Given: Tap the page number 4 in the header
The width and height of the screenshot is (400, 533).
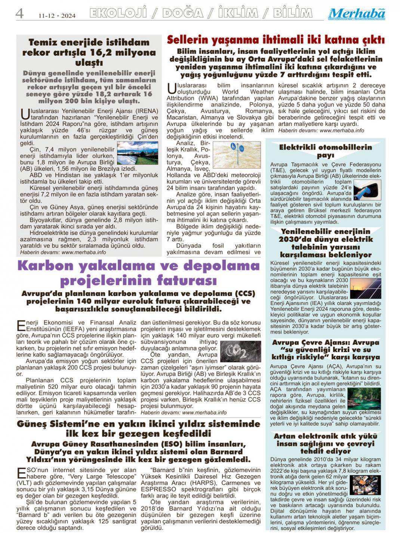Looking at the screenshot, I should [19, 14].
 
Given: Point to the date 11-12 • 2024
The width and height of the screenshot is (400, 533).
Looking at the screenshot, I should [57, 16].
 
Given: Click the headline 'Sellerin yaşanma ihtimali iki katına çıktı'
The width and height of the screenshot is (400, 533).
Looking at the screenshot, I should [276, 40].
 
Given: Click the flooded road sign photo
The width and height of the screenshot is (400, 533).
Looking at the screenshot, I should [237, 154].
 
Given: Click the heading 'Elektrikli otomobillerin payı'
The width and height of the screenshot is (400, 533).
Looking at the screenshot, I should [325, 151].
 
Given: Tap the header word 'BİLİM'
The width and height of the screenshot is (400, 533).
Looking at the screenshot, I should [292, 14].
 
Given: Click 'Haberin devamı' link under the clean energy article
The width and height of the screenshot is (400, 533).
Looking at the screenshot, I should [63, 252].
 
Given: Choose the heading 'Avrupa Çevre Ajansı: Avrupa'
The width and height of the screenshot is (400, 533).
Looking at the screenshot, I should [325, 342].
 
